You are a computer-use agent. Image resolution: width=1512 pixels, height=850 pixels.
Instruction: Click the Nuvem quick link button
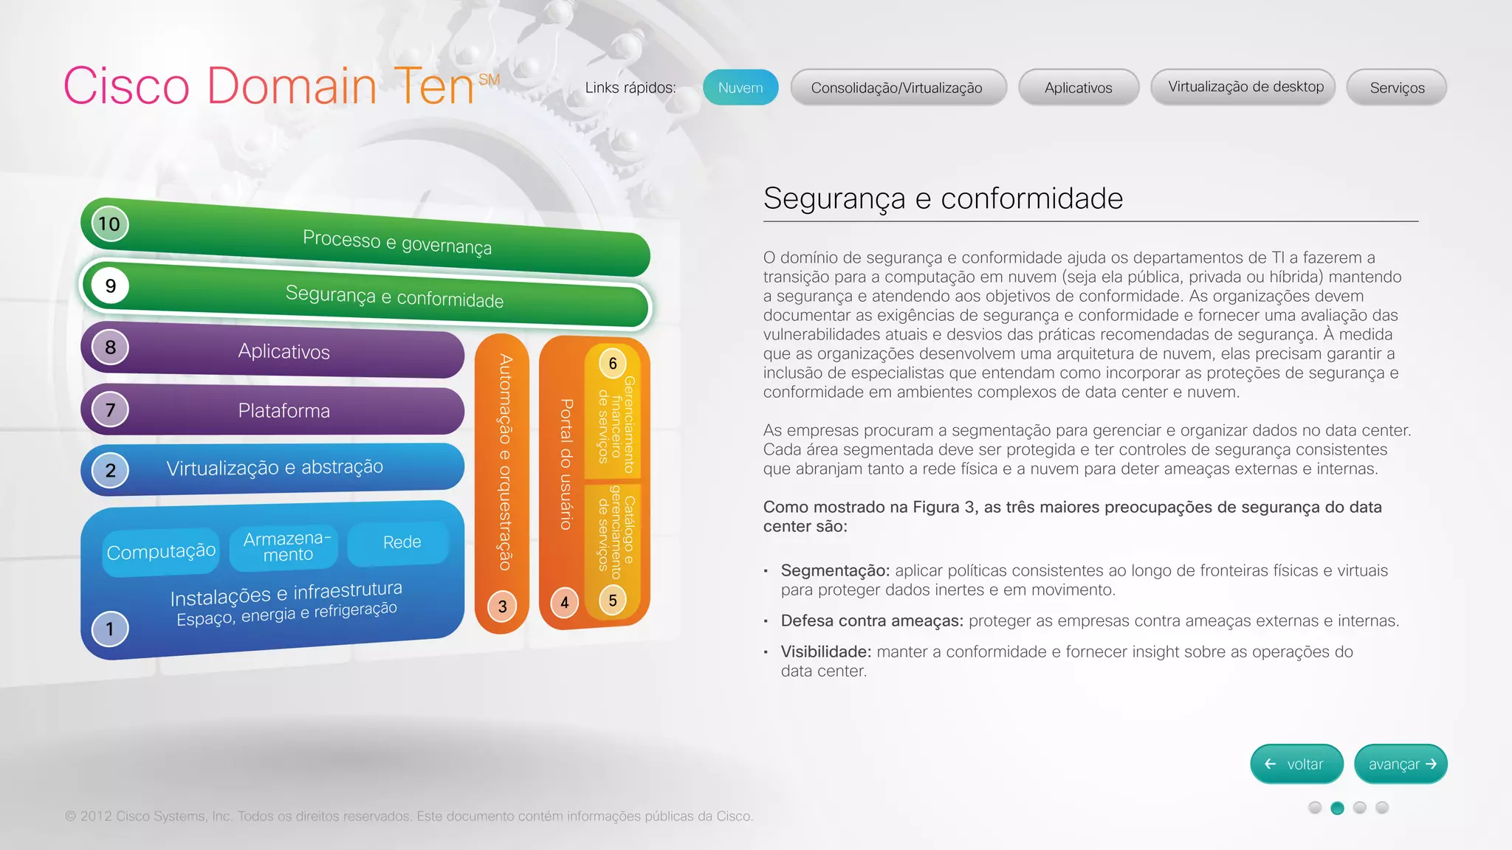point(740,88)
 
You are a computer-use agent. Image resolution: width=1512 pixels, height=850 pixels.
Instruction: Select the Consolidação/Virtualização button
point(898,88)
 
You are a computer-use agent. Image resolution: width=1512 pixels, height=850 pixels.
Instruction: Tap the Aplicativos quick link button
point(1078,88)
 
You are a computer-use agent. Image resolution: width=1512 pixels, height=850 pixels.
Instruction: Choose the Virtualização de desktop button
point(1245,87)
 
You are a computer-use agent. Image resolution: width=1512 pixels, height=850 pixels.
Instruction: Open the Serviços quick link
point(1397,88)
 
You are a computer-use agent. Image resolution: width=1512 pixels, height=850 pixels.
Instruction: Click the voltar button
point(1296,764)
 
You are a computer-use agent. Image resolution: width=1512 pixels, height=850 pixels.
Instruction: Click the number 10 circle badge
point(109,224)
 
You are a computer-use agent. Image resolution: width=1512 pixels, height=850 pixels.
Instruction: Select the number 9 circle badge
point(110,286)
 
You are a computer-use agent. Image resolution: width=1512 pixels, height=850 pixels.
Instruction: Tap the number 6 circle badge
point(613,363)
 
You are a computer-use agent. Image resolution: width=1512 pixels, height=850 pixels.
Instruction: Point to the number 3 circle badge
point(502,607)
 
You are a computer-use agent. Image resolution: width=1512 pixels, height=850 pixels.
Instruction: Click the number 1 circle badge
point(109,629)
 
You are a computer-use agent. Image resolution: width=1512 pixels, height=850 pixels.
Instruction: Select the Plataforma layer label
point(284,410)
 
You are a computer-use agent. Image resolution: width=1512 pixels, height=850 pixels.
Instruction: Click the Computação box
point(161,551)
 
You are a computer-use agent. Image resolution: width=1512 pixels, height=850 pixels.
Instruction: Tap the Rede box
point(402,542)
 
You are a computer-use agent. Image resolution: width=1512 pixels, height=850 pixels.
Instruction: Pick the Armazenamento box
point(288,547)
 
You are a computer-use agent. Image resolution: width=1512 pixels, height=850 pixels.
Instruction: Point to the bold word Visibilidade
point(826,652)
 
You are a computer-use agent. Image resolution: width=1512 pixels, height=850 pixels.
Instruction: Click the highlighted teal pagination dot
point(1337,808)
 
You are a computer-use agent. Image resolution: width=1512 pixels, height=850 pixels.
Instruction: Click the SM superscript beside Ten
point(489,80)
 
